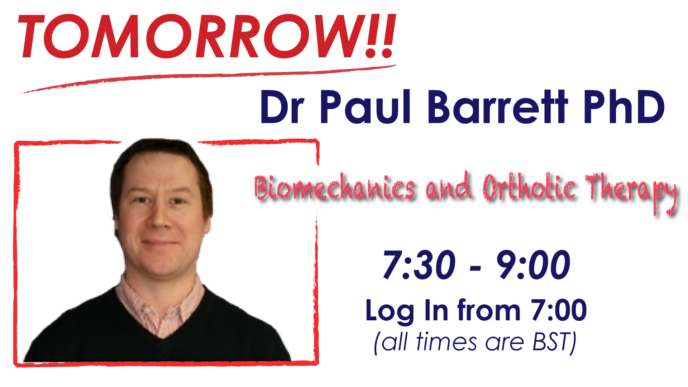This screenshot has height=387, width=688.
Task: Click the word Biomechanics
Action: pos(335,187)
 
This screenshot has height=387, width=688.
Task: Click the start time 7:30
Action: pos(419,265)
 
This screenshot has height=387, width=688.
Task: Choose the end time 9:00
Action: pos(533,265)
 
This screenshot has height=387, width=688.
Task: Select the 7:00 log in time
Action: pos(559,310)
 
